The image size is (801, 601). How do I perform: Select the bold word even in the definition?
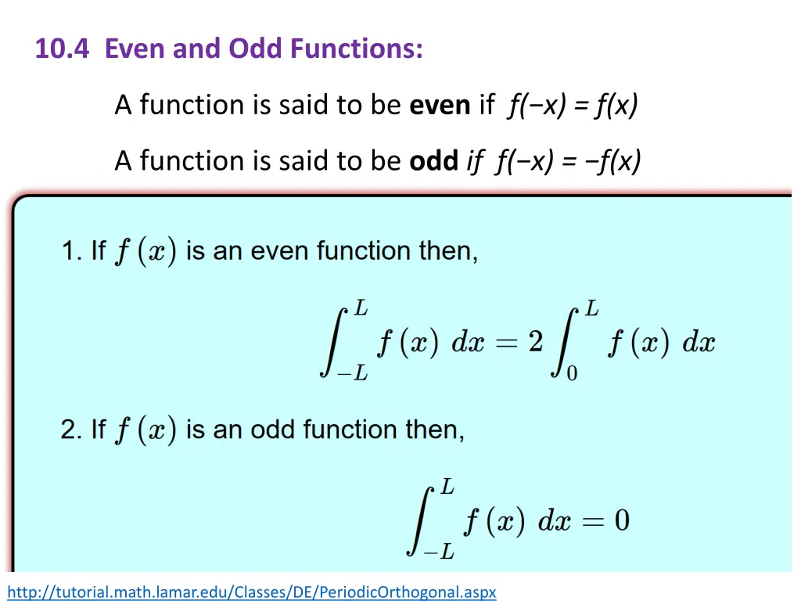440,104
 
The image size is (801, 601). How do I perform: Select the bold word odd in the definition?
433,160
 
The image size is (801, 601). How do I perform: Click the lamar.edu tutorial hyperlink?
252,592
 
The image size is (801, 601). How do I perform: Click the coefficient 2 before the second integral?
536,342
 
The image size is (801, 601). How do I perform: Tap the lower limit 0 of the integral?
572,373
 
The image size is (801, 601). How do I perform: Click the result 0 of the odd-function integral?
621,520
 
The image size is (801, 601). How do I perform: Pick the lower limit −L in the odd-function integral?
438,552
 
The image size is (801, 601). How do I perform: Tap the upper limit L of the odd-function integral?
447,488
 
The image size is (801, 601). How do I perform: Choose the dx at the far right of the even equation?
699,343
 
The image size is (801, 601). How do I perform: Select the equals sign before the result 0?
591,521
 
